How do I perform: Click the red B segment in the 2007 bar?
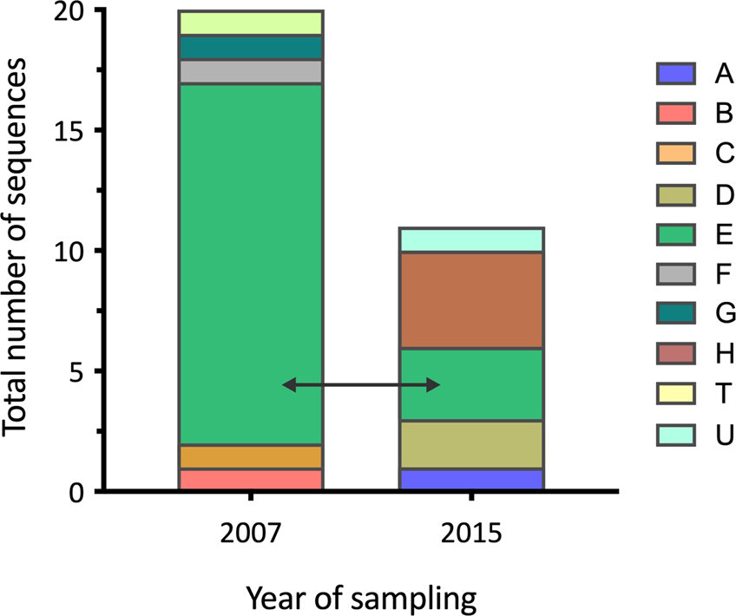pos(250,480)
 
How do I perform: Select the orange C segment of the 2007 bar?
pos(250,456)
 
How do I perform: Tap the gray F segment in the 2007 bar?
pos(250,71)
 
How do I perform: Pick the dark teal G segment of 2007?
pos(250,47)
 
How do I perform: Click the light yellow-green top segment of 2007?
pos(250,23)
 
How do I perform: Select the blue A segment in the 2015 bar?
pos(470,480)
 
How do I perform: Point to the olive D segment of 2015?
pos(470,444)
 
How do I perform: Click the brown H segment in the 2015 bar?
pos(470,300)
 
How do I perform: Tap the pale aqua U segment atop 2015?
pos(470,239)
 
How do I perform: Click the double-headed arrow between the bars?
pos(361,384)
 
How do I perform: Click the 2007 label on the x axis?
pos(250,533)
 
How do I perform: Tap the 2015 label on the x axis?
pos(470,533)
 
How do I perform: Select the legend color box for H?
pos(675,354)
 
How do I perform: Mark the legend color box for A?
pos(675,74)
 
